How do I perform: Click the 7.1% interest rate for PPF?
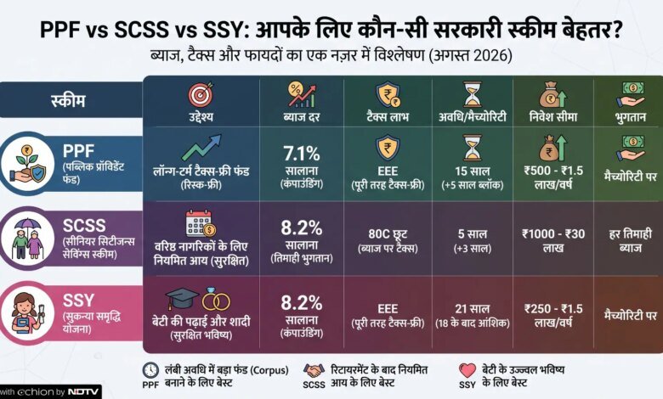(302, 154)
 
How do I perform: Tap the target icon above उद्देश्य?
(201, 94)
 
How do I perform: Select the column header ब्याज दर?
(302, 116)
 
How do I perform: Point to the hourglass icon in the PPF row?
(473, 148)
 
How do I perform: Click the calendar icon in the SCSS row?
(201, 223)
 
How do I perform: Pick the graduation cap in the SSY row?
(181, 299)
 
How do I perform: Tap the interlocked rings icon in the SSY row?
(216, 299)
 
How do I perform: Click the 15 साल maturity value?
(473, 171)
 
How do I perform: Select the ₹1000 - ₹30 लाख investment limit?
(553, 240)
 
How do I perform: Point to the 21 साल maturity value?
(473, 309)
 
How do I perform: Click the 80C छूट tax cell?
(388, 234)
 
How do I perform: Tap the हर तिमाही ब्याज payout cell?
(631, 240)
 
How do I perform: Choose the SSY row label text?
(78, 301)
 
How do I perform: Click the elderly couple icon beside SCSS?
(27, 239)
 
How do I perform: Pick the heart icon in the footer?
(467, 370)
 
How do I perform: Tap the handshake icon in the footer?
(314, 371)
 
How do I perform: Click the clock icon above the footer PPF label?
(150, 370)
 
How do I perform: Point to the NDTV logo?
(83, 392)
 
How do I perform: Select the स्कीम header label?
(68, 101)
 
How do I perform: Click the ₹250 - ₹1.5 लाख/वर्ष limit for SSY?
(553, 315)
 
